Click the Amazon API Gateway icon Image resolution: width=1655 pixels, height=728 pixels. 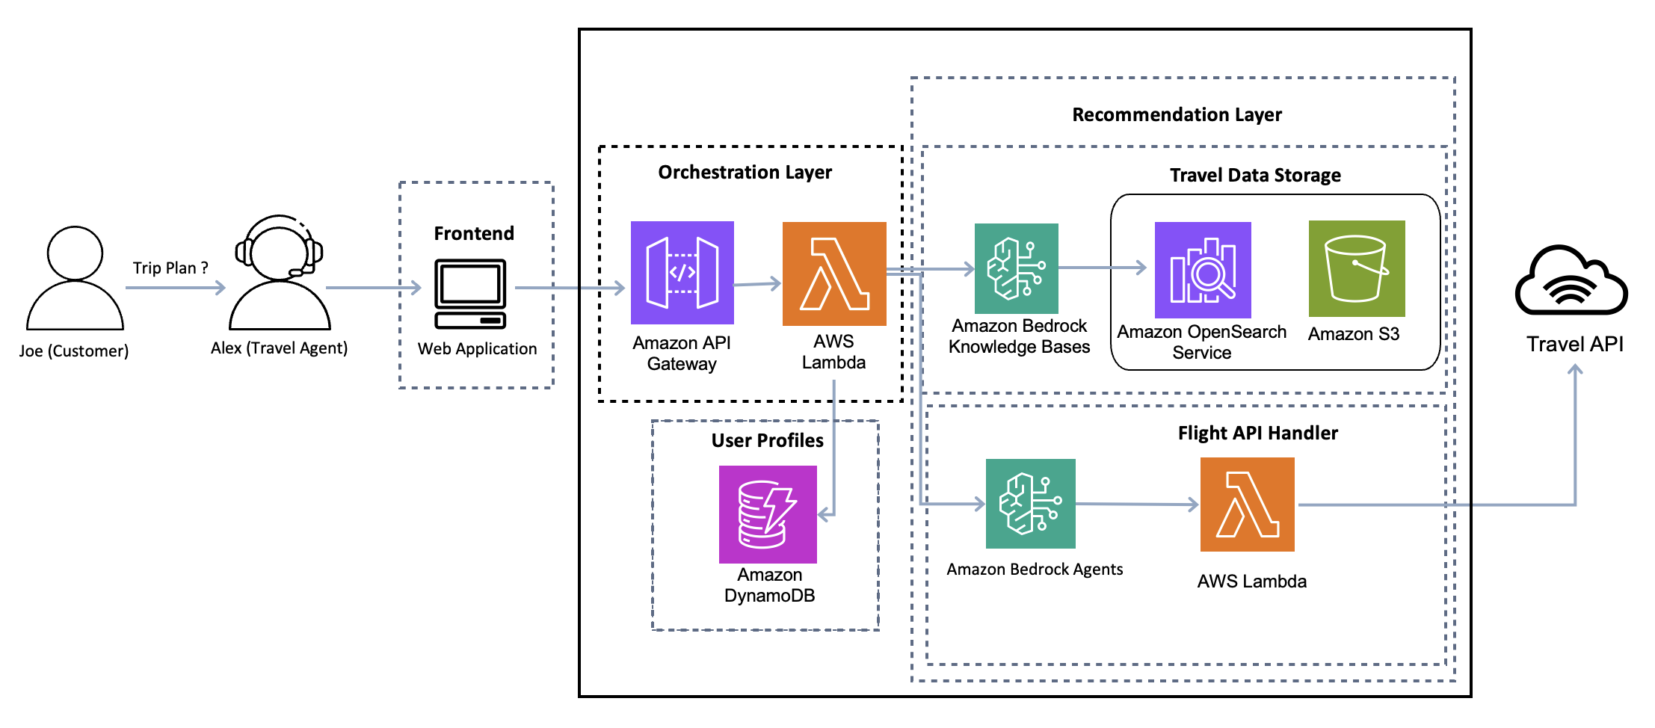tap(682, 273)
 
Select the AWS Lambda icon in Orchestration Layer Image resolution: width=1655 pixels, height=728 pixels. tap(834, 274)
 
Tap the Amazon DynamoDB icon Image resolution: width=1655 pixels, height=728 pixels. tap(768, 514)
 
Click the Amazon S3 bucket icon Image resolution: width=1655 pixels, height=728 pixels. tap(1357, 268)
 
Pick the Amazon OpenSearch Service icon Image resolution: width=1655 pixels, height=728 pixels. tap(1203, 270)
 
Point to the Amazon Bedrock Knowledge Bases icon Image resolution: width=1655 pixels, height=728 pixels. tap(1017, 268)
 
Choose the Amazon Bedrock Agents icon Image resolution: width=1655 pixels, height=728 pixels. tap(1031, 504)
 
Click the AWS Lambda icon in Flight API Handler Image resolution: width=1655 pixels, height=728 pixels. tap(1248, 505)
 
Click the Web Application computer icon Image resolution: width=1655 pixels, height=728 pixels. tap(470, 294)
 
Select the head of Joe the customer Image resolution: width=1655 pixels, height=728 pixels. tap(75, 253)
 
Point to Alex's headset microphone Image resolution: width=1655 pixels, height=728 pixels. tap(297, 273)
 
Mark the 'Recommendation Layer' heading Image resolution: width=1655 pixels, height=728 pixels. tap(1177, 114)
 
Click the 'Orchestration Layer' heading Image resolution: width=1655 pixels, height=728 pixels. tap(745, 173)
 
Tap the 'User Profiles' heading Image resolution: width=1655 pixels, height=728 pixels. tap(767, 440)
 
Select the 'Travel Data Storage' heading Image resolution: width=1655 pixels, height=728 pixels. tap(1255, 175)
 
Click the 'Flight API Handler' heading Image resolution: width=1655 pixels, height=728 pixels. tap(1257, 433)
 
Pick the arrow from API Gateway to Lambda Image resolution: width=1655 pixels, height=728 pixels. tap(757, 284)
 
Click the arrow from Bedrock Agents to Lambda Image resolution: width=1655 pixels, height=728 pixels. tap(1137, 505)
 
